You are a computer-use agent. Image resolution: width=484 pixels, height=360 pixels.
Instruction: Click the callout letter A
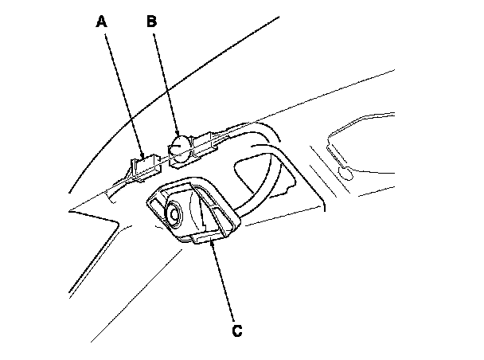click(x=101, y=23)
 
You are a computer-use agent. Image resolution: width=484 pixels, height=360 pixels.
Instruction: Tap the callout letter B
click(x=150, y=23)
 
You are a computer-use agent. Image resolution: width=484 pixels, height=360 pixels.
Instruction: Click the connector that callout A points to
click(x=146, y=165)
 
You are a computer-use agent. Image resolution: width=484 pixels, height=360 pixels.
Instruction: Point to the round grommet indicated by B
click(x=181, y=147)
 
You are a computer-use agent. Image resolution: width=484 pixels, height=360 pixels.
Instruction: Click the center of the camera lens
click(x=174, y=212)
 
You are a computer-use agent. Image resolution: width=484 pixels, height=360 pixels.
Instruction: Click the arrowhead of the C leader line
click(x=210, y=243)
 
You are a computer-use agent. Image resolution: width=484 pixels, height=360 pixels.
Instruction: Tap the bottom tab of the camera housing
click(x=204, y=237)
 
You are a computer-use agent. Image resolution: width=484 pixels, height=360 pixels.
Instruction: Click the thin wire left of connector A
click(x=118, y=184)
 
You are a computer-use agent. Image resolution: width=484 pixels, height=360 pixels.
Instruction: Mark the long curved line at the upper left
click(x=159, y=88)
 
